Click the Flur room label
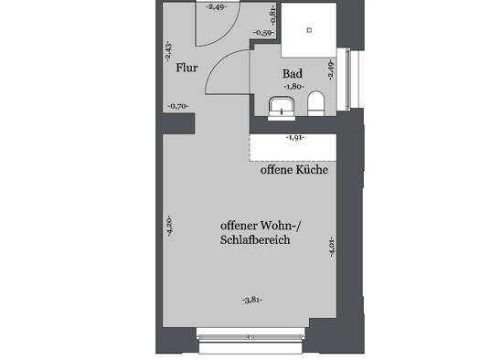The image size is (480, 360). coord(187,68)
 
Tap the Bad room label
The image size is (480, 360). coord(293,74)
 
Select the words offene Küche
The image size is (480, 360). coord(294,170)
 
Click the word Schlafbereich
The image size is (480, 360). coord(255,239)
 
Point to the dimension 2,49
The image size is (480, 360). coord(217,7)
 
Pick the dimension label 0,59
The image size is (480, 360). coord(263,33)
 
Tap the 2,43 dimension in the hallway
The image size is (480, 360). coord(168,52)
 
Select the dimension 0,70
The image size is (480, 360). coord(178,106)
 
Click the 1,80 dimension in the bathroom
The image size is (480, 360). coord(294,87)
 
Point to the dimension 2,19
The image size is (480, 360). coord(331,69)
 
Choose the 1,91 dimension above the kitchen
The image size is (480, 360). coord(295,138)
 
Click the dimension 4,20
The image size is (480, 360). coord(169,227)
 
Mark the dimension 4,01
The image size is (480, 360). coord(332,247)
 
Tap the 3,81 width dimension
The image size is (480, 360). coord(252,300)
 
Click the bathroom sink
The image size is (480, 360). coord(282,108)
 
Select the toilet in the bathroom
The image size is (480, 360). coord(315,103)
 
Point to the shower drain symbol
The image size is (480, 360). coord(310,30)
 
